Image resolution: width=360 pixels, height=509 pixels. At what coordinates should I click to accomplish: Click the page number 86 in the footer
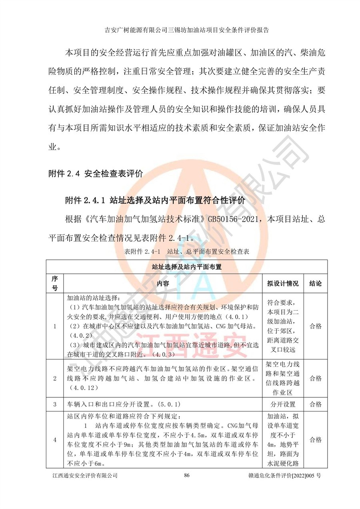pos(186,475)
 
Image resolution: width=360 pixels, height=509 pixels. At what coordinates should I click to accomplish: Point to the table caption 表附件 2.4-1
pos(142,252)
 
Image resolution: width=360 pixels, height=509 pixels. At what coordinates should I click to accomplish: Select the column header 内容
pos(163,283)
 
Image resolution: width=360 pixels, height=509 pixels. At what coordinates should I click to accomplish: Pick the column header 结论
pos(316,283)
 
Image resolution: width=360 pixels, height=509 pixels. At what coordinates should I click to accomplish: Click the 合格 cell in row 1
pos(316,326)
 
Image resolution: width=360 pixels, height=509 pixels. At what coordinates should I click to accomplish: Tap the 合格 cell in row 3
pos(316,404)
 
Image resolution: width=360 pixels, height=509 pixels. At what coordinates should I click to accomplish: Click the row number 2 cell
pos(55,378)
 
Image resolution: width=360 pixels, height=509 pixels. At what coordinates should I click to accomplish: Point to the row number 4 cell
pos(55,440)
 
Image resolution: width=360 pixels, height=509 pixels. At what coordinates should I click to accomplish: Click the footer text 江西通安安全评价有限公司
pos(85,475)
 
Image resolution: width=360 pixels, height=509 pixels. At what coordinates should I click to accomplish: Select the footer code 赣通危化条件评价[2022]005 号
pos(284,475)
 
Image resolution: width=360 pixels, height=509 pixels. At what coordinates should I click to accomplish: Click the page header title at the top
pos(186,30)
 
